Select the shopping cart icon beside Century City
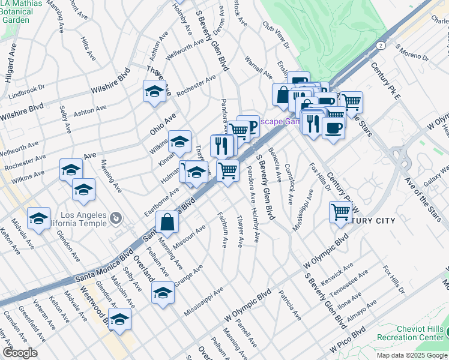click(x=340, y=212)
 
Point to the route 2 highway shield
click(x=381, y=45)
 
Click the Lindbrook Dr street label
click(x=27, y=91)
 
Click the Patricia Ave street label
click(x=290, y=304)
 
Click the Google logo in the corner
click(x=20, y=353)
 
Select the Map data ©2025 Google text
click(x=412, y=355)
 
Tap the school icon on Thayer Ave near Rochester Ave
click(x=154, y=92)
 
